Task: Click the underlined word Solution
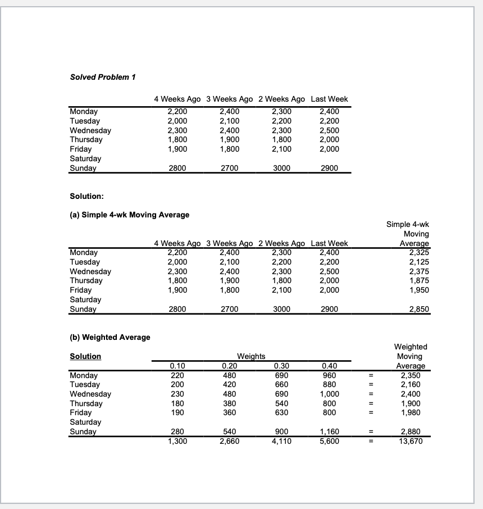point(85,356)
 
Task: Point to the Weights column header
point(252,356)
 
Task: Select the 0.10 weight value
point(177,366)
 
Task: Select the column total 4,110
point(280,441)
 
